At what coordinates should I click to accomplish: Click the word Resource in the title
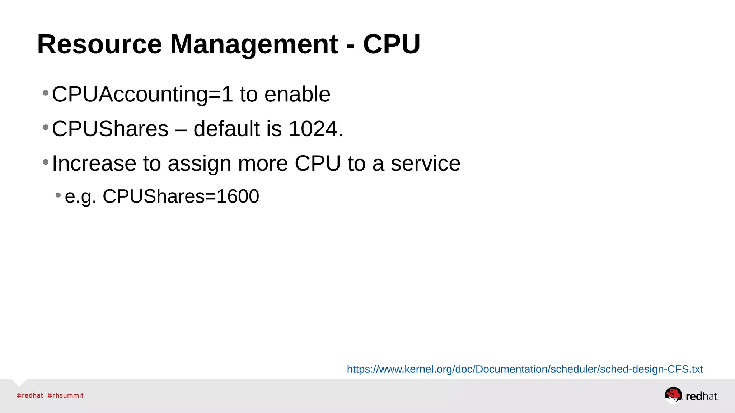coord(99,44)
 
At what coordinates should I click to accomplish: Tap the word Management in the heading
coord(254,44)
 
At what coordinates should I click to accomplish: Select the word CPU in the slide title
coord(392,44)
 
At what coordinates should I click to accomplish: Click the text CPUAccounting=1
coord(142,94)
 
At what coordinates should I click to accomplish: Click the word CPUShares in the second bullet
coord(110,129)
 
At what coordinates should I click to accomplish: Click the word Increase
coord(94,163)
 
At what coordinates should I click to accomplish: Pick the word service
coord(425,163)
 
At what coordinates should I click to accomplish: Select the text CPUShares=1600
coord(181,196)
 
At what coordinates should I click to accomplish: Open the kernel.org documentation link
coord(525,369)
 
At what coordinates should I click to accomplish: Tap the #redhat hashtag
coord(30,395)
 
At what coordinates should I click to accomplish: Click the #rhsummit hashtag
coord(66,395)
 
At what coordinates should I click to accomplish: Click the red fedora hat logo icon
coord(673,395)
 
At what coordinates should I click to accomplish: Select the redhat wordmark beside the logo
coord(702,396)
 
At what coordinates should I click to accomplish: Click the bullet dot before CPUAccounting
coord(46,93)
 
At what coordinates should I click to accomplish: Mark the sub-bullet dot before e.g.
coord(58,195)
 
